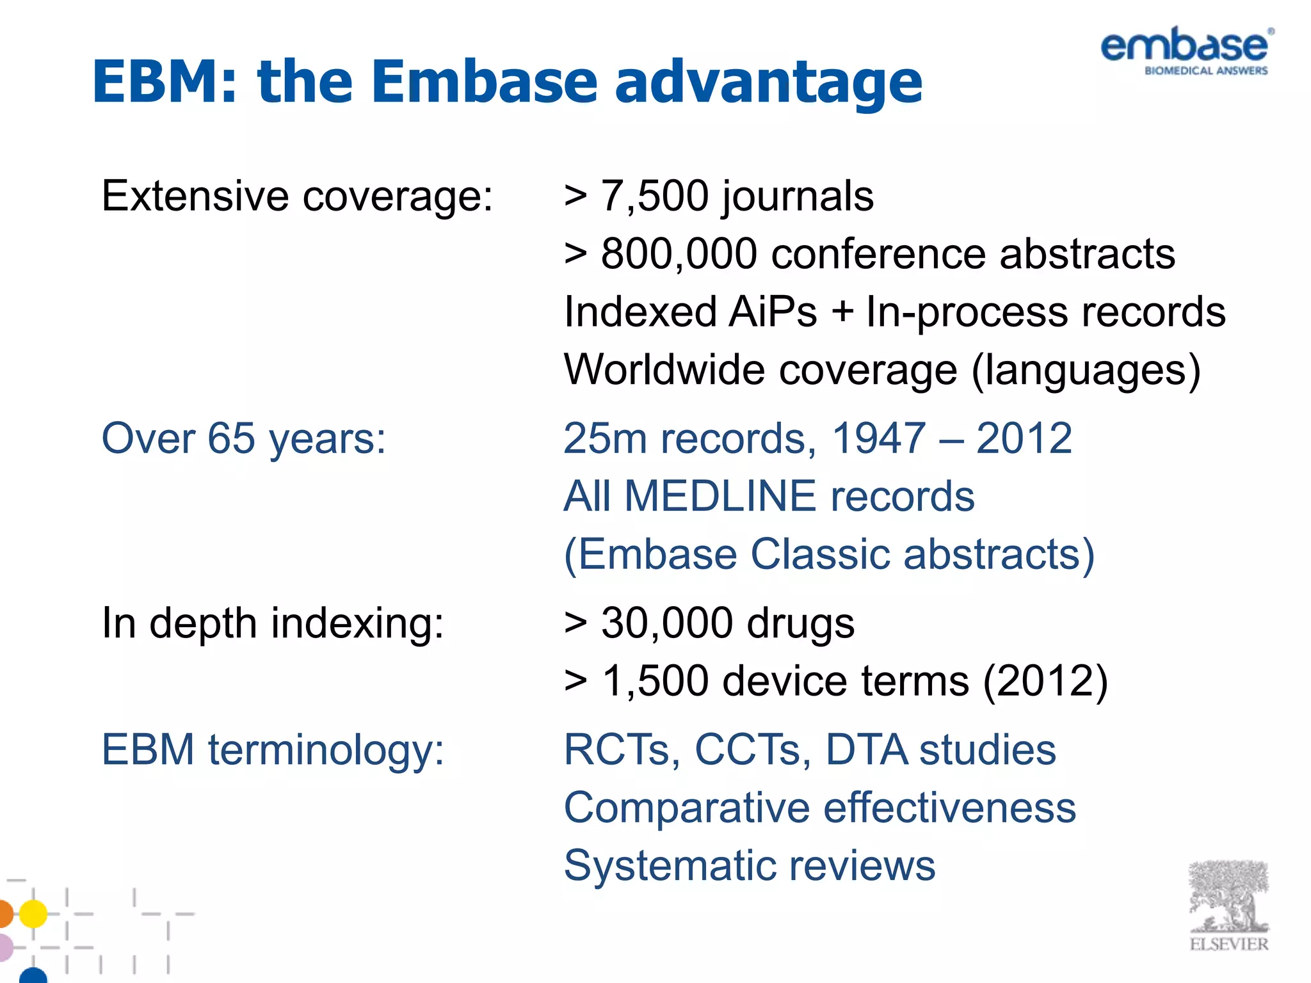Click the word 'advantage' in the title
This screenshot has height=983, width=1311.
768,82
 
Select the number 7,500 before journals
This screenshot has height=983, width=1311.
654,196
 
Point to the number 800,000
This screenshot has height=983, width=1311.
679,254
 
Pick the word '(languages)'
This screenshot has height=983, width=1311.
1086,371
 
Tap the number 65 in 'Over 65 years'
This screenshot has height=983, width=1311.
232,439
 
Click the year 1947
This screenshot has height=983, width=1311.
878,439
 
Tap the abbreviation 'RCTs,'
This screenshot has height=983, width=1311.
622,750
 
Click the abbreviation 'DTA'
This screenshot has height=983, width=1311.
866,750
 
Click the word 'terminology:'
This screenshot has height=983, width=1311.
326,750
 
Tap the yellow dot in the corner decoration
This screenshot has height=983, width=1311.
33,913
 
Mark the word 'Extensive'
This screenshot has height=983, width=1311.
195,196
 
